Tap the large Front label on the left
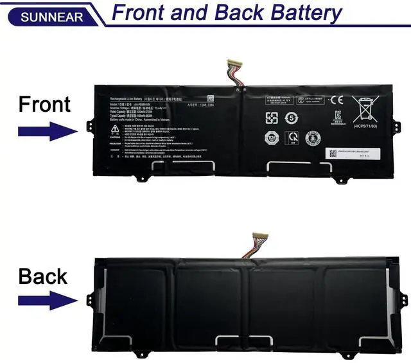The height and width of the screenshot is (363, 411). tap(44, 103)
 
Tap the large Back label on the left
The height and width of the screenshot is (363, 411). tap(43, 276)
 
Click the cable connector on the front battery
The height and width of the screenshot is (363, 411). tap(232, 64)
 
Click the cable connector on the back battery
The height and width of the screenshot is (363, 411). tap(260, 237)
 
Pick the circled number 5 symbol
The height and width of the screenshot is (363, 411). tap(291, 118)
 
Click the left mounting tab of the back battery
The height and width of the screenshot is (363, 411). tap(91, 299)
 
